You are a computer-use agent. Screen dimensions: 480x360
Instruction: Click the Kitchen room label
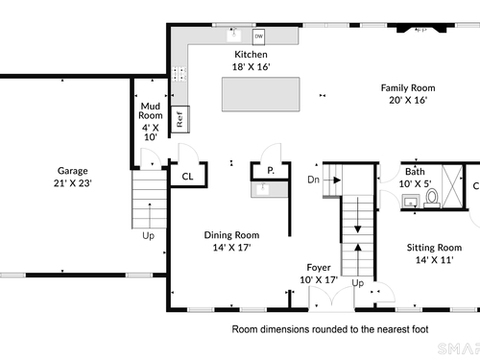click(251, 55)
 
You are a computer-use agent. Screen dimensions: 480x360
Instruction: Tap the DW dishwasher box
click(258, 36)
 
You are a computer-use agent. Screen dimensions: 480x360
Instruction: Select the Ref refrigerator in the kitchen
click(180, 119)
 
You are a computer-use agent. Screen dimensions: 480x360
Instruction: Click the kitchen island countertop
click(261, 94)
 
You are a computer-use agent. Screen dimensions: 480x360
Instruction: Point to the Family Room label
click(408, 88)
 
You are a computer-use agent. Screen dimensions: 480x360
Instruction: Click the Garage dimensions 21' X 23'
click(73, 183)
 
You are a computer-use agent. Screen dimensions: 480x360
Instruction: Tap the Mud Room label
click(151, 110)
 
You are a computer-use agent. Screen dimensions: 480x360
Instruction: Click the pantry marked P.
click(271, 171)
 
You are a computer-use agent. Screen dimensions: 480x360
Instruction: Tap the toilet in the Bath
click(432, 199)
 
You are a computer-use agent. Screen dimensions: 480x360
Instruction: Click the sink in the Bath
click(411, 202)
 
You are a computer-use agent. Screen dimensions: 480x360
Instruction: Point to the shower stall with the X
click(452, 186)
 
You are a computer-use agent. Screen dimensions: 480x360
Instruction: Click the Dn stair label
click(313, 180)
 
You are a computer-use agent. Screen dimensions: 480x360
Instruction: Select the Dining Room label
click(231, 235)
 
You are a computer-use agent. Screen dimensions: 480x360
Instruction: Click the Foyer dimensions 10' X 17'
click(319, 280)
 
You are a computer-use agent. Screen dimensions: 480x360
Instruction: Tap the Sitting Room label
click(434, 248)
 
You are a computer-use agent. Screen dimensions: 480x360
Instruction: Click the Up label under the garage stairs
click(148, 236)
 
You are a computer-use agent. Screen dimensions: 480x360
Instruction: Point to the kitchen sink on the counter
click(234, 35)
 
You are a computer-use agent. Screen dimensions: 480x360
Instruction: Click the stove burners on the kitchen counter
click(179, 74)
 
